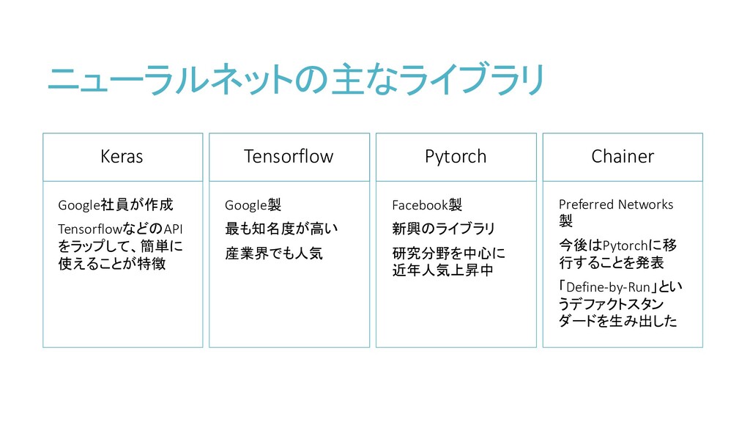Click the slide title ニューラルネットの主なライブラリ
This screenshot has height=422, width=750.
(x=296, y=79)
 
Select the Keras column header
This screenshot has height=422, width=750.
(x=122, y=156)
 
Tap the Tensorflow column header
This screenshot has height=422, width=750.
(x=289, y=156)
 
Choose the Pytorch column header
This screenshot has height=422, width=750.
(x=456, y=156)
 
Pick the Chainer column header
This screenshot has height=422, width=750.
(x=623, y=156)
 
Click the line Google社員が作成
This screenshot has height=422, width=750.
(x=115, y=204)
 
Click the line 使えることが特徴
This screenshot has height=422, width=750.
(x=111, y=264)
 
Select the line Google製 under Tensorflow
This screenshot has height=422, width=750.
(x=253, y=204)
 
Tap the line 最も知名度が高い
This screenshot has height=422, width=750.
(x=281, y=229)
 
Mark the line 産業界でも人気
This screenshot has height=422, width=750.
(x=273, y=253)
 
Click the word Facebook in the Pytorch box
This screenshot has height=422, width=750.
(x=420, y=204)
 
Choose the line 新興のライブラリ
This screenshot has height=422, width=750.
(x=444, y=229)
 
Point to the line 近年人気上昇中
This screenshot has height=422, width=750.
(x=443, y=270)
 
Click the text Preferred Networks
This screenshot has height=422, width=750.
(x=616, y=204)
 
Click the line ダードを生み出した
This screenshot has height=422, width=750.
(x=617, y=321)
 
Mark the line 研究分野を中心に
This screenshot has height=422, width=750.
(x=448, y=253)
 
